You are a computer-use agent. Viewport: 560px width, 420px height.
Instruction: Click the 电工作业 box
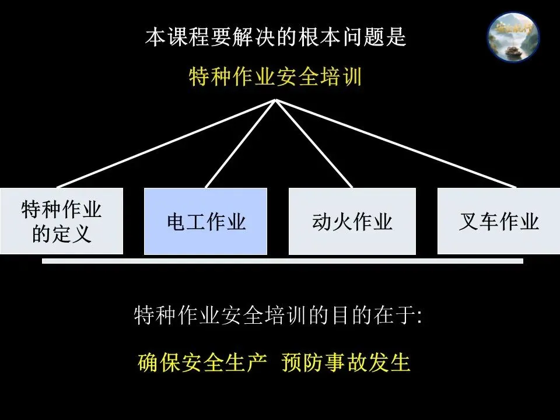click(205, 221)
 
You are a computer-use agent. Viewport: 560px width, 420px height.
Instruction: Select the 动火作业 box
click(352, 221)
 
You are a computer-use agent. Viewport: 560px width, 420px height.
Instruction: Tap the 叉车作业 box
click(498, 221)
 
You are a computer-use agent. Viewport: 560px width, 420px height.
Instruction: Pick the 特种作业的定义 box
click(61, 221)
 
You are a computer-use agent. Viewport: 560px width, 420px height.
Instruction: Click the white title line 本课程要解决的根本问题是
click(275, 37)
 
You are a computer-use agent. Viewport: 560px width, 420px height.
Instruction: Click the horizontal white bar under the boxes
click(282, 261)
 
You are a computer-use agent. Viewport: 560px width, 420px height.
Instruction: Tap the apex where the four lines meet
click(276, 100)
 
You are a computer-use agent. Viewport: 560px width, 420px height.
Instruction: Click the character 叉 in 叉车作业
click(468, 222)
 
